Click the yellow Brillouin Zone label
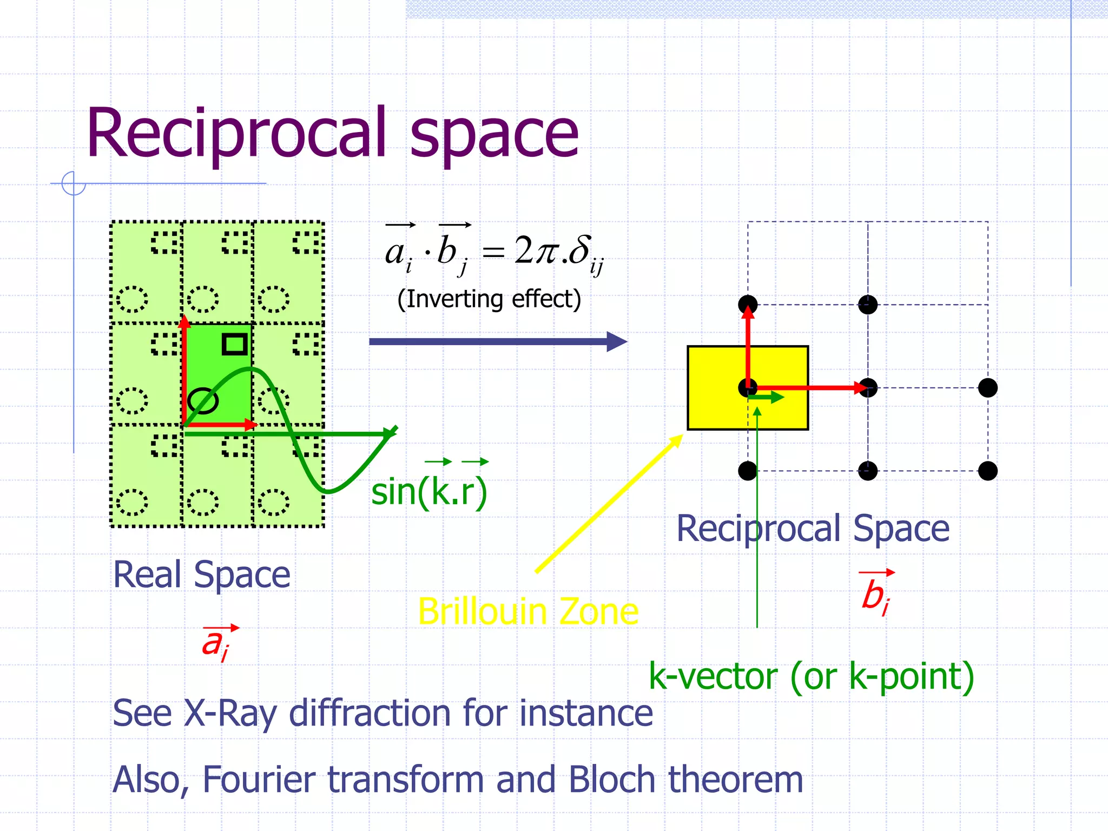528,612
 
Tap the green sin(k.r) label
429,492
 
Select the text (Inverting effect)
489,299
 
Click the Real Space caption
201,575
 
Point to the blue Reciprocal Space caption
813,529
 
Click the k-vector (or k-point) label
811,676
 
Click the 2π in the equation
536,250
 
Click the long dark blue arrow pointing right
498,341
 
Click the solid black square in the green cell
235,344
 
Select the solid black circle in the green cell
203,401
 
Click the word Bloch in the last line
612,780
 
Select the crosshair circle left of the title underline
74,183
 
